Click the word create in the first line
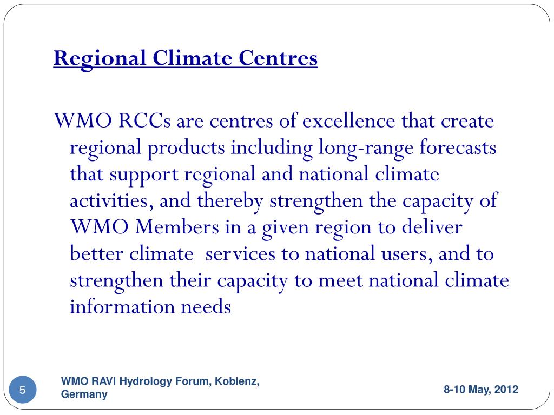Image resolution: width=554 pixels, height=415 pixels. (x=468, y=122)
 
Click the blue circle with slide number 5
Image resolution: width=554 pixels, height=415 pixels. (x=23, y=390)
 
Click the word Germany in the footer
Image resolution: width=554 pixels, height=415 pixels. (x=84, y=395)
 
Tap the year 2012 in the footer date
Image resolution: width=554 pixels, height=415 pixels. (x=506, y=390)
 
